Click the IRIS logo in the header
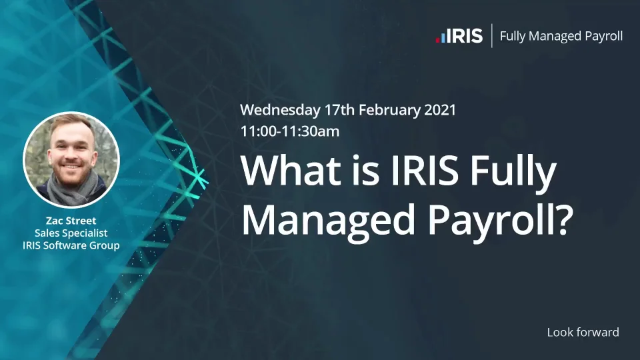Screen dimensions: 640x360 459,36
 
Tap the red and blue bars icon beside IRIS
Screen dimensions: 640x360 441,37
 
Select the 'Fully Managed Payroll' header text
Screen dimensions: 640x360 561,36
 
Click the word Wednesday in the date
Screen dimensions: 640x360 280,110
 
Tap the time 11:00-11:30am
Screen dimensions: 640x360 290,131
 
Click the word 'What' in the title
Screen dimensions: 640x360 291,170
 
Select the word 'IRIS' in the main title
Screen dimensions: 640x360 425,170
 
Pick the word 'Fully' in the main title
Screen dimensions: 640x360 513,173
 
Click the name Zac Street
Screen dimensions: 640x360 71,221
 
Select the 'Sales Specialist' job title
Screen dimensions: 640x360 71,233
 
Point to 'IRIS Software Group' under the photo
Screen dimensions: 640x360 71,245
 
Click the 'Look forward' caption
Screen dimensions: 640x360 583,332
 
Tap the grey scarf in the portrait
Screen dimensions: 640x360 71,189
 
